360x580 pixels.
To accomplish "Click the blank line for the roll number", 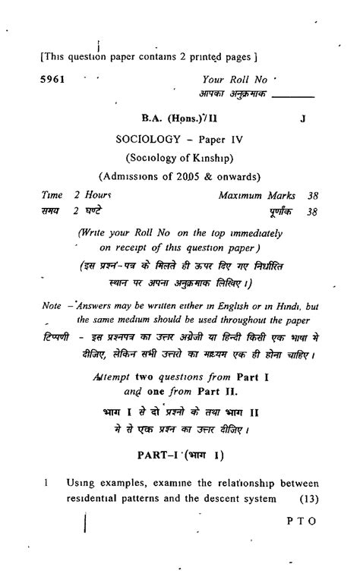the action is [x=292, y=96].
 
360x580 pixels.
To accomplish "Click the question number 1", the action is [x=46, y=482].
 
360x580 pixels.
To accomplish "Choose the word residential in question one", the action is [x=98, y=498].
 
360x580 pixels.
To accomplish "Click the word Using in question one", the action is [x=80, y=482].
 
